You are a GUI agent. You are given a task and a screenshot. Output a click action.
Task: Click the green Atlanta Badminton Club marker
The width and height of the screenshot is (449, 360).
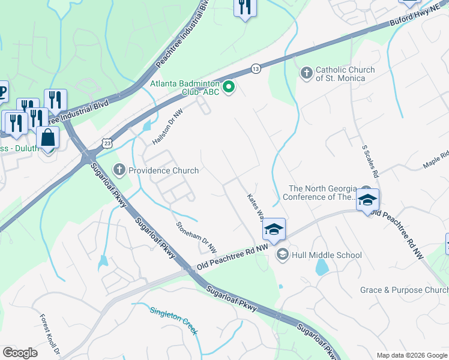click(229, 88)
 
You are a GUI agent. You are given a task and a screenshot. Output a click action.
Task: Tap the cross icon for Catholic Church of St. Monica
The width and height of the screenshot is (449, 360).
click(306, 74)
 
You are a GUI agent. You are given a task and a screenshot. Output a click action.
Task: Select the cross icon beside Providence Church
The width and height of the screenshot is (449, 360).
click(120, 170)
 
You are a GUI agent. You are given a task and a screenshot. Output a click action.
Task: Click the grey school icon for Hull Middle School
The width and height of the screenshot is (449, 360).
click(282, 255)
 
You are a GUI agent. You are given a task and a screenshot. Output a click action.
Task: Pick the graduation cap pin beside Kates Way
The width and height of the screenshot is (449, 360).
click(274, 229)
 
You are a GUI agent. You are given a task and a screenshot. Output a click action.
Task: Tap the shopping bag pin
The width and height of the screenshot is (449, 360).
click(48, 137)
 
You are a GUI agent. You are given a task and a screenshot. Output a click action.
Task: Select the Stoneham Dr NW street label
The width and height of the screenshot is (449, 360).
click(196, 238)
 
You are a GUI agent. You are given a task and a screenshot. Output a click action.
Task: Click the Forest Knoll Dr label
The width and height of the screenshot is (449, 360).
click(50, 333)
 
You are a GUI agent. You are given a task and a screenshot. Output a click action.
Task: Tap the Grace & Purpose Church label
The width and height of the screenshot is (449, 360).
click(404, 290)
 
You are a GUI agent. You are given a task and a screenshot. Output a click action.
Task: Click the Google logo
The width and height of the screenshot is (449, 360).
click(20, 353)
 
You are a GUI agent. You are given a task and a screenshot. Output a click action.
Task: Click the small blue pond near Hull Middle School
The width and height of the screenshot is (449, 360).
click(322, 266)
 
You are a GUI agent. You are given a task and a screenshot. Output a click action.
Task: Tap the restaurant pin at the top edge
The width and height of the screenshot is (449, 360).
click(244, 7)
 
